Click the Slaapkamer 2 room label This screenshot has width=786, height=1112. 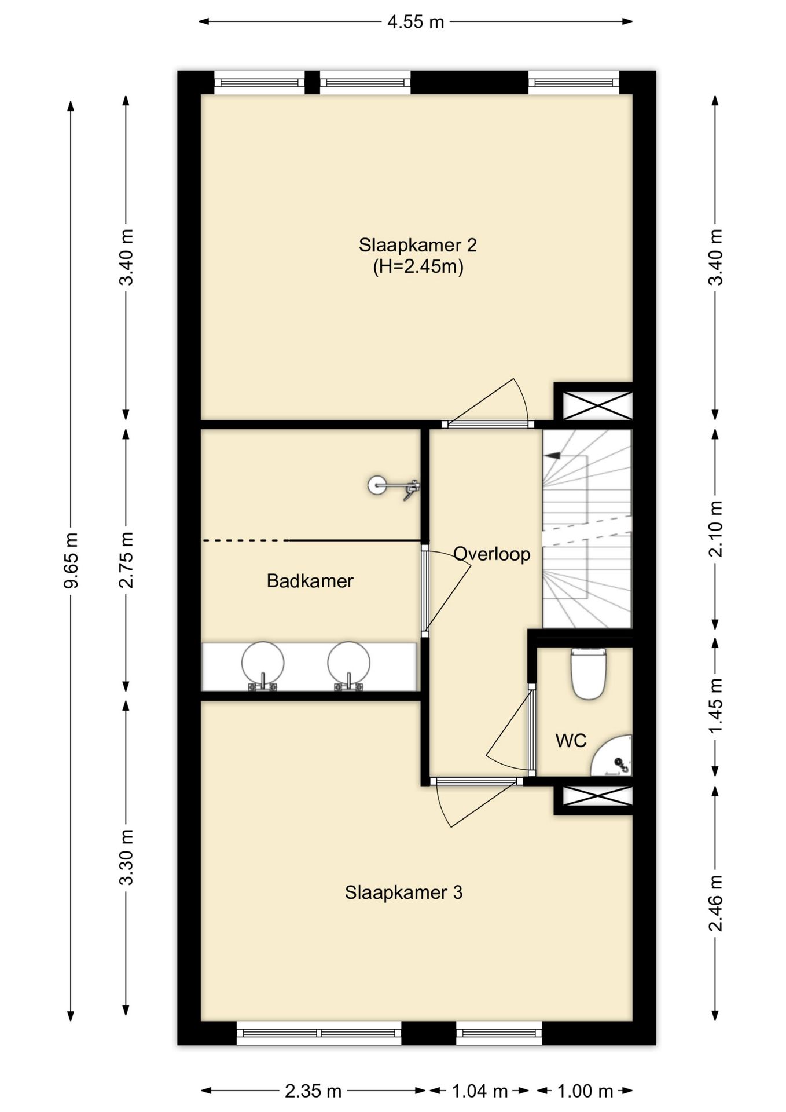pos(417,245)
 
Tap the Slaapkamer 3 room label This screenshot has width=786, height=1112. pos(403,892)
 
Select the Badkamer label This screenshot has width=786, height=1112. pos(310,581)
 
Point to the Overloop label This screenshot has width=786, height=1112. pos(491,554)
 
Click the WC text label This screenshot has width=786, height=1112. pos(571,741)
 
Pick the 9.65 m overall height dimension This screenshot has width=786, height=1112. pos(71,560)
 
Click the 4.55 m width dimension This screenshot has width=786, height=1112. pos(416,22)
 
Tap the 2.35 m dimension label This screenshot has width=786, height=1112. pos(313,1091)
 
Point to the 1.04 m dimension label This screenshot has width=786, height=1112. pos(479,1091)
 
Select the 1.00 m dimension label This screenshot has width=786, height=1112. pos(585,1091)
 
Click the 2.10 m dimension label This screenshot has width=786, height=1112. pos(716,529)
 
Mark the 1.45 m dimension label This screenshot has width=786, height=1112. pos(716,705)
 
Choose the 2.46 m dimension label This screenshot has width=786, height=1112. pos(716,904)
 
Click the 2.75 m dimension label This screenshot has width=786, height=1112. pos(126,560)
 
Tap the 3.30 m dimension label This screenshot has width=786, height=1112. pos(126,857)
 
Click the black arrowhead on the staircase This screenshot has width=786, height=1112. pos(553,455)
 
